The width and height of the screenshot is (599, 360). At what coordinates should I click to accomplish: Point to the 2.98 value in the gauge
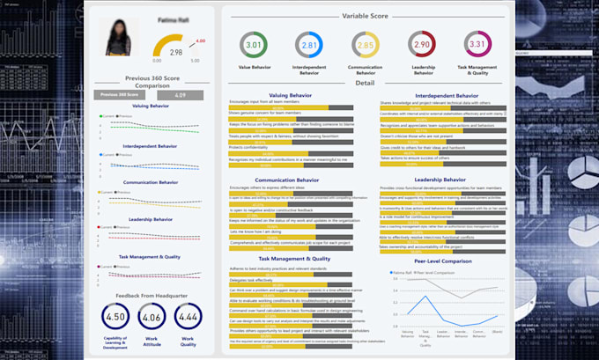(175, 53)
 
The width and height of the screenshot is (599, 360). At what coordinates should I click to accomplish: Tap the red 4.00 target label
(201, 41)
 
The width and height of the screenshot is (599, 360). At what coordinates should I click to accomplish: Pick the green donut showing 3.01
(253, 45)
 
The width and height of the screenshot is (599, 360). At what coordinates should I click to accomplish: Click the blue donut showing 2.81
(308, 45)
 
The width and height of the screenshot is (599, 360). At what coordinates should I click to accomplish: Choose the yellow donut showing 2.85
(365, 45)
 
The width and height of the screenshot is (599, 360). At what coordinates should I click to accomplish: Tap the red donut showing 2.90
(421, 45)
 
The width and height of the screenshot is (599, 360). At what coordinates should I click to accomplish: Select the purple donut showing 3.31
(477, 45)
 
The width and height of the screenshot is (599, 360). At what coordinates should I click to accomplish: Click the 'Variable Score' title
(366, 16)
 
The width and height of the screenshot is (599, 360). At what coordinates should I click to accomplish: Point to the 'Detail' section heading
(366, 82)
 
